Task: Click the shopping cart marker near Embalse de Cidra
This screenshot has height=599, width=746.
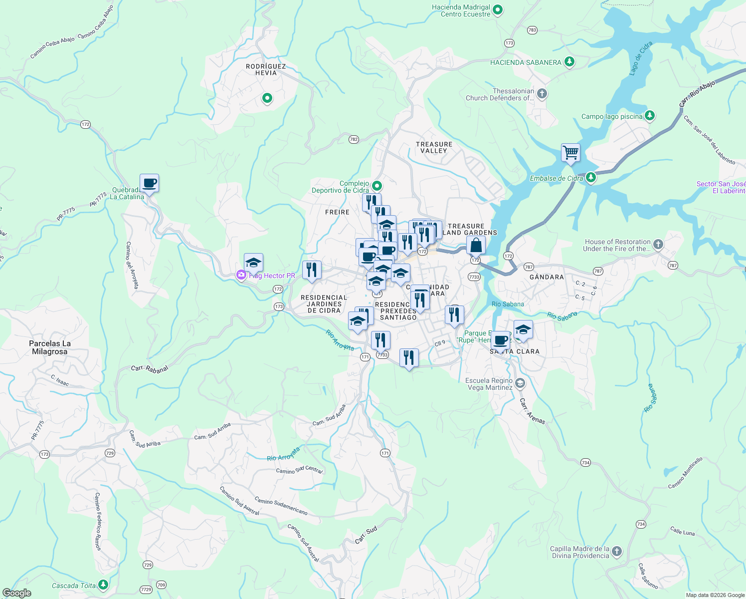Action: tap(570, 152)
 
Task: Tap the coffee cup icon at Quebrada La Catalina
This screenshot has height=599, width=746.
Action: tap(149, 183)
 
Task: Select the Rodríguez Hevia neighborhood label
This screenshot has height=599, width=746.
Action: tap(266, 69)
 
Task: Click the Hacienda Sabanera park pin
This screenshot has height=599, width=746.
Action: tap(569, 62)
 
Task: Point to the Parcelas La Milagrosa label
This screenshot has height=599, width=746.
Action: tap(50, 347)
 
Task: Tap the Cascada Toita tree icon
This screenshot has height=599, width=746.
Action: tap(103, 584)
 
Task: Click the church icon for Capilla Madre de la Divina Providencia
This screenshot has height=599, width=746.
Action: tap(617, 551)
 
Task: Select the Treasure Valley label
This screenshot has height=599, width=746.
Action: tap(434, 147)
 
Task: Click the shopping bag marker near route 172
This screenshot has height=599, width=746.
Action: tap(476, 246)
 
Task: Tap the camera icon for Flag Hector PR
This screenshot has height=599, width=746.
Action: tap(241, 275)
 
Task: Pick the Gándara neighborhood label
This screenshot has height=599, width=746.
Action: tap(547, 277)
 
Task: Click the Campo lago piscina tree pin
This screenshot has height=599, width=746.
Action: tap(649, 116)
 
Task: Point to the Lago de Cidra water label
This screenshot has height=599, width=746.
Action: tap(640, 58)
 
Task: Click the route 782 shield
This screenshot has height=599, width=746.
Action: tap(354, 139)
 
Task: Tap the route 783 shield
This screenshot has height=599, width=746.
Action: tap(532, 30)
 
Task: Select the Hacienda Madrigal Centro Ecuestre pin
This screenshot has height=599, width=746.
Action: tap(498, 10)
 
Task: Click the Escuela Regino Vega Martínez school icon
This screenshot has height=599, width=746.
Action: tap(520, 383)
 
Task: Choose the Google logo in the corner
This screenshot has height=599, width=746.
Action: tap(17, 593)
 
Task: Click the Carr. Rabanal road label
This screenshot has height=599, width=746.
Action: tap(150, 369)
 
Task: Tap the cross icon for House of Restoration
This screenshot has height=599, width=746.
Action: tap(658, 244)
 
